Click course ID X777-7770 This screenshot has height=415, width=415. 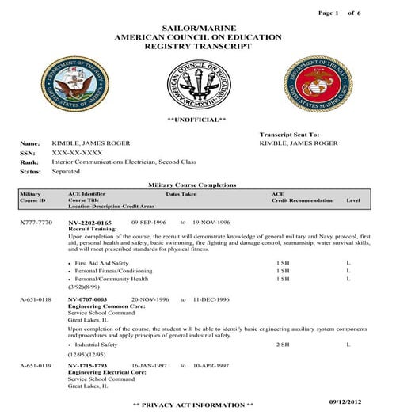(36, 223)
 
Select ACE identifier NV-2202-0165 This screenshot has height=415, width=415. (89, 223)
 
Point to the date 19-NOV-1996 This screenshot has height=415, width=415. (211, 223)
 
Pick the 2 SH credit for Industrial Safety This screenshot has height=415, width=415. (282, 345)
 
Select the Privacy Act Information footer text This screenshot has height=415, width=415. (193, 405)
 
